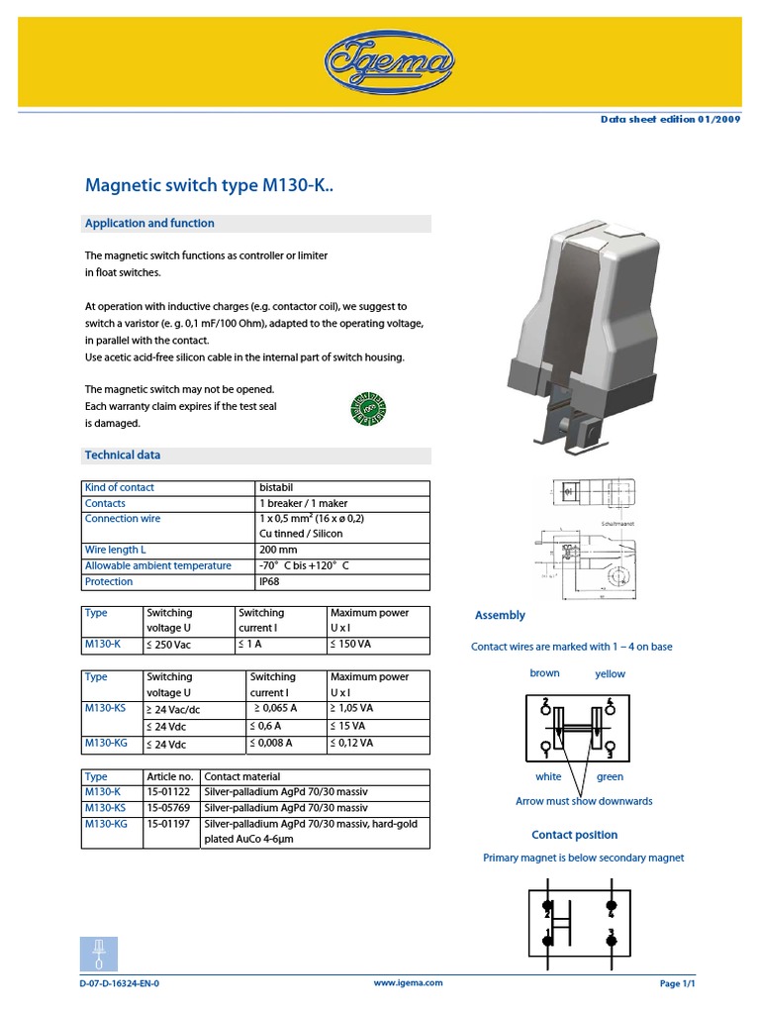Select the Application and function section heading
tap(149, 224)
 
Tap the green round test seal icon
tap(368, 408)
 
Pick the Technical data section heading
tap(123, 456)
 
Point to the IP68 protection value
tap(270, 582)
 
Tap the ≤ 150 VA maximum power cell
tap(353, 645)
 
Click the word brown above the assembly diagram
tap(544, 673)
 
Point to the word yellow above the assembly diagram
tap(610, 674)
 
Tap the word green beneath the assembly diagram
tap(610, 777)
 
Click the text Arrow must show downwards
tap(584, 801)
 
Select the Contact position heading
tap(574, 835)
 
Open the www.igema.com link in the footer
tap(408, 983)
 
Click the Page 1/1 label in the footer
tap(678, 984)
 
